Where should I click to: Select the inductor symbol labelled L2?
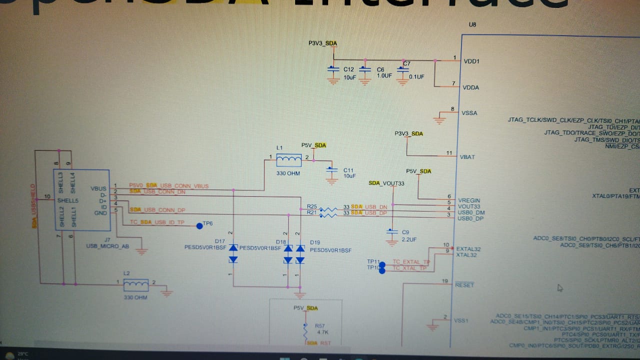pos(135,285)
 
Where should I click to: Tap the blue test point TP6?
pos(200,226)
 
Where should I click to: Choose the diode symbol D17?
pos(233,253)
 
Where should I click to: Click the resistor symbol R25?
pos(328,209)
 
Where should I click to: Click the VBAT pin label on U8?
pos(467,157)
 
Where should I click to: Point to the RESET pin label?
pos(464,285)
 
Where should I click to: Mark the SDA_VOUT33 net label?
pos(386,183)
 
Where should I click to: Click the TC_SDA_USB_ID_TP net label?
pos(157,222)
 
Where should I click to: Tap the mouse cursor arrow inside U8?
pos(560,287)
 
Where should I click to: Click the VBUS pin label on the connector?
pos(99,188)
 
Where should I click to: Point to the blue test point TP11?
pos(382,265)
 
